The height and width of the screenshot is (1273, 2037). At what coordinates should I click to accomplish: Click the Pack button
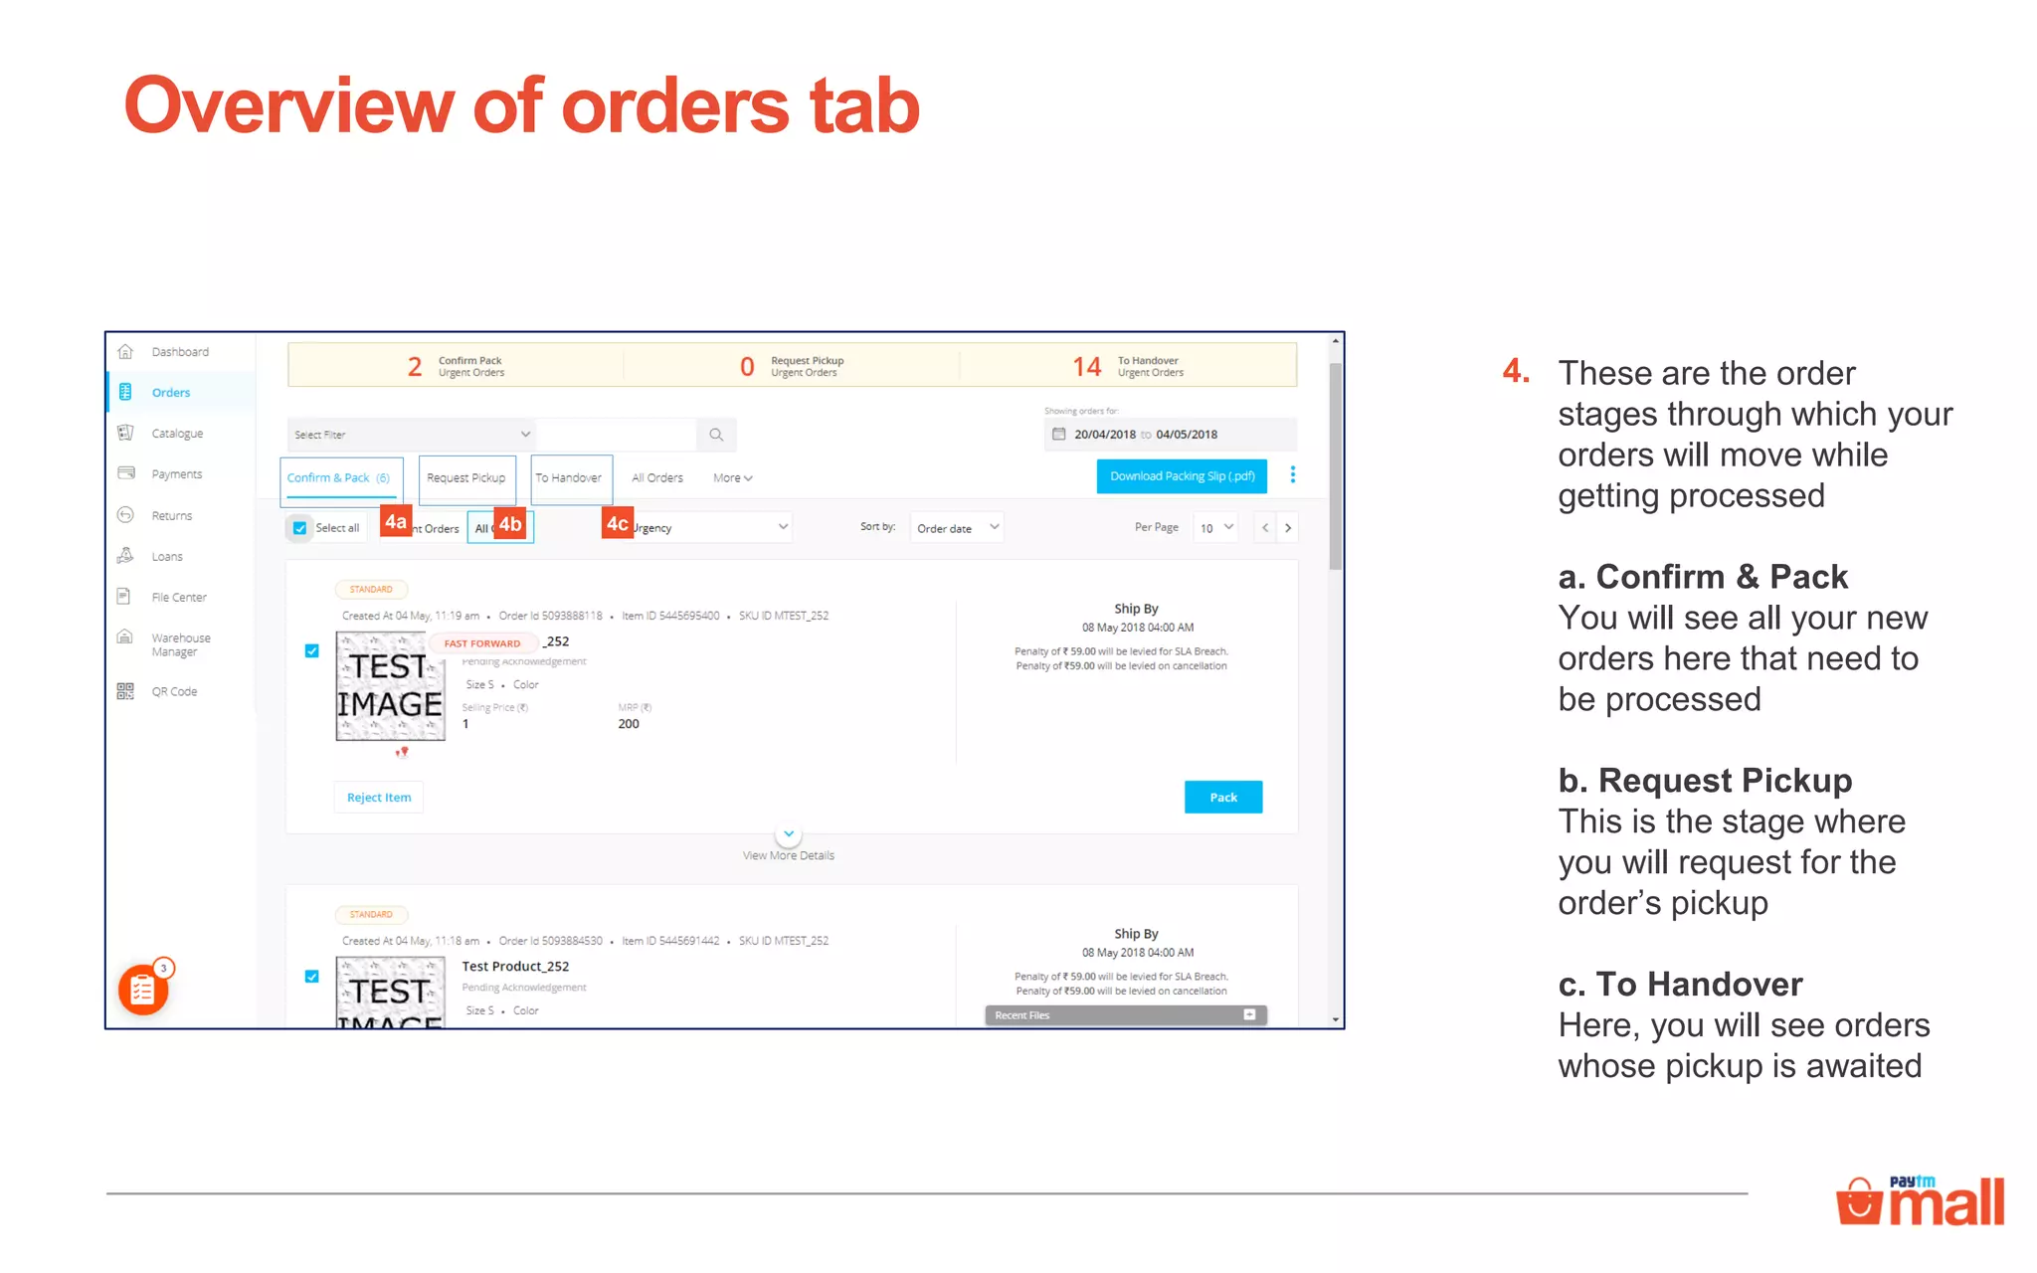coord(1222,797)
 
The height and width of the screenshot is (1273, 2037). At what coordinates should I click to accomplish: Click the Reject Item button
coord(378,797)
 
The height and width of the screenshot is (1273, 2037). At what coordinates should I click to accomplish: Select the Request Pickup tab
coord(466,478)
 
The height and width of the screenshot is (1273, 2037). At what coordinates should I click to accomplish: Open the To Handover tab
coord(570,478)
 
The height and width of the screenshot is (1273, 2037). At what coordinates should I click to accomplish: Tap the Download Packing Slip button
coord(1182,476)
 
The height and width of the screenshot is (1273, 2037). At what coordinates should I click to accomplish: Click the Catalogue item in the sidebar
coord(177,434)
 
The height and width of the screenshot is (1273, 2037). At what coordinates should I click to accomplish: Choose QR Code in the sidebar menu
coord(174,691)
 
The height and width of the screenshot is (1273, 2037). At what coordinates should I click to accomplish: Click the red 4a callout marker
coord(396,522)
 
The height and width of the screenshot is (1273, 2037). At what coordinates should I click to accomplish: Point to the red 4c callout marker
coord(617,523)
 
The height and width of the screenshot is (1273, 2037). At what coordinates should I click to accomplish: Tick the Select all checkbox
coord(300,528)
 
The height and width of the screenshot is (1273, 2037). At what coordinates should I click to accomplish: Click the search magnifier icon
coord(716,435)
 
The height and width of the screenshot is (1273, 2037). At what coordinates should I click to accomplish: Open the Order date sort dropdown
coord(957,528)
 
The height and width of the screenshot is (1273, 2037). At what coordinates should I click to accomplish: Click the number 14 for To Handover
coord(1086,367)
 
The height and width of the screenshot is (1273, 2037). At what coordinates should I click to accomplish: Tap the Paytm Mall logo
coord(1921,1200)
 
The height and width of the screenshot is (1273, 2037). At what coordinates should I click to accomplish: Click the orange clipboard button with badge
coord(143,989)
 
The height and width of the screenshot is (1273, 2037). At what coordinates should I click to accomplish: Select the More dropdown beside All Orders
coord(732,478)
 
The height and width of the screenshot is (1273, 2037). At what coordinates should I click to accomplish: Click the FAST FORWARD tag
coord(482,643)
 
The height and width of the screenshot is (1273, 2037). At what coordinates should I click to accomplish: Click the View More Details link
coord(788,855)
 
